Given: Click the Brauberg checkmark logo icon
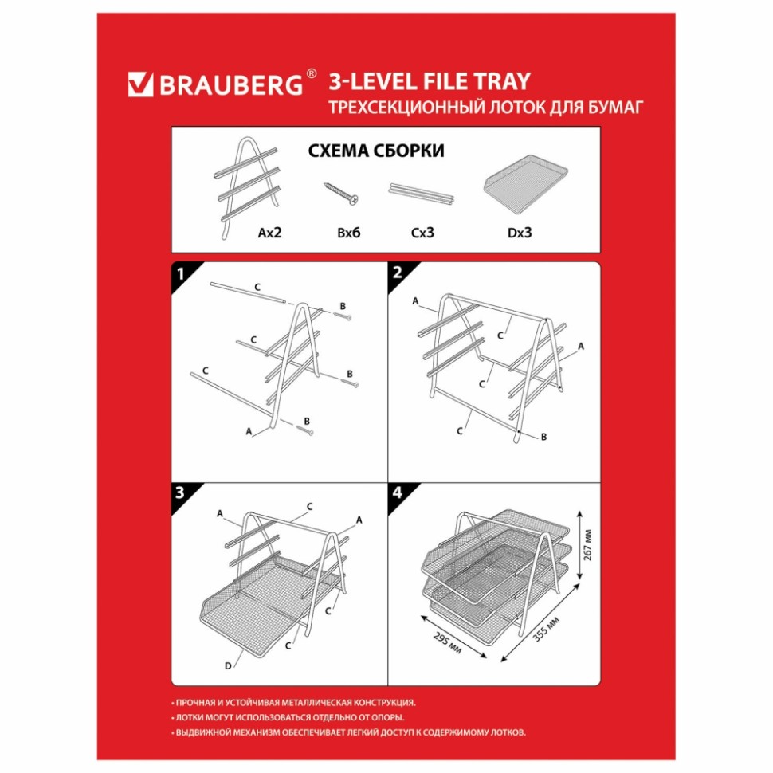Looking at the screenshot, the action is [140, 84].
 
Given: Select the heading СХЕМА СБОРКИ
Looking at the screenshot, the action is [376, 151].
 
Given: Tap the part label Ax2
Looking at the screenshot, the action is [269, 232].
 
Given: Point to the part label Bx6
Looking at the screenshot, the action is [349, 232].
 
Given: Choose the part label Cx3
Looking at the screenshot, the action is [422, 232].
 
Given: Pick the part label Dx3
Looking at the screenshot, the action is [520, 232].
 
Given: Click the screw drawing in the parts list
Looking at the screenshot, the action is [340, 193].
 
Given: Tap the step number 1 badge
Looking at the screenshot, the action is [180, 273].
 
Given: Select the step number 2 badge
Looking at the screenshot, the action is [398, 273].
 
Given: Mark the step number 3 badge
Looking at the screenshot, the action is [180, 492].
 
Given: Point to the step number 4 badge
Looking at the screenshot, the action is [398, 492].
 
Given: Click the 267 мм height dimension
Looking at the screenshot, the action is [587, 545].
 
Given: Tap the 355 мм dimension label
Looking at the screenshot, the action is [546, 629].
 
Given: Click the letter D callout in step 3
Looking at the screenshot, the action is [228, 666].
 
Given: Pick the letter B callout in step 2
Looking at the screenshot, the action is [543, 436].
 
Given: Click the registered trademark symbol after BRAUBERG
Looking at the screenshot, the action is [311, 73].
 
